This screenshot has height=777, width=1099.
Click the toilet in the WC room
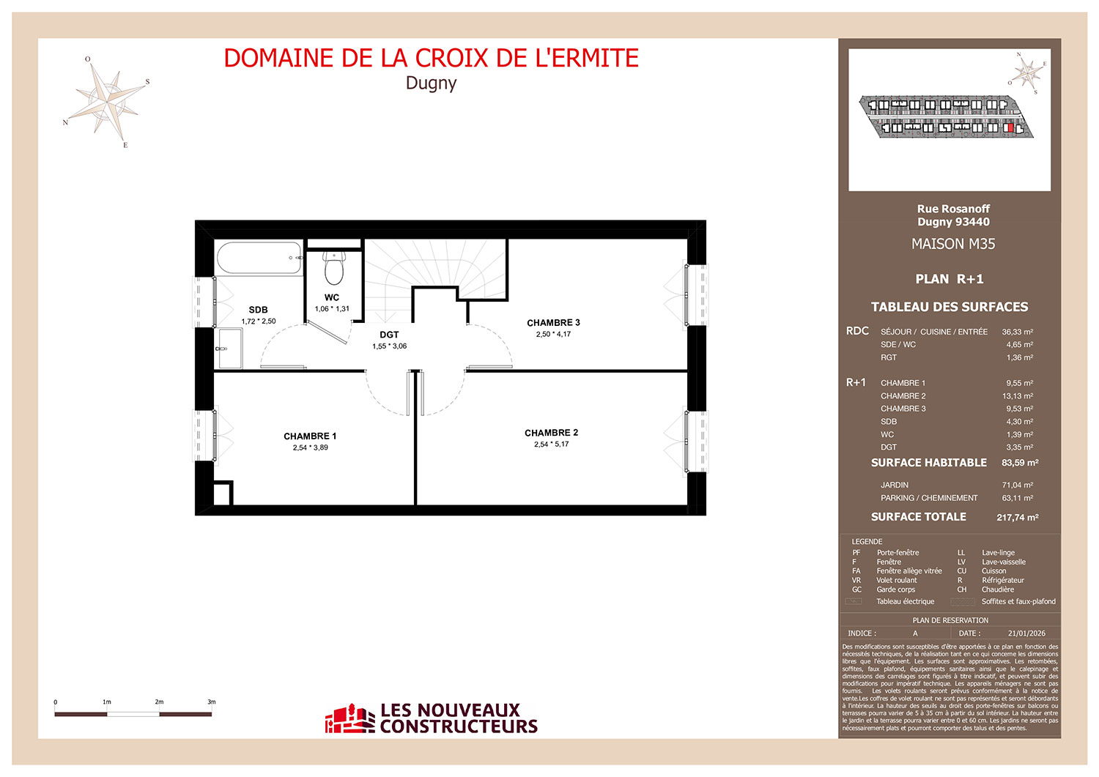pos(334,268)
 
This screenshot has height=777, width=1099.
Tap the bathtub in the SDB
pos(259,258)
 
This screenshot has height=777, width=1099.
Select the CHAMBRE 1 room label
pos(310,436)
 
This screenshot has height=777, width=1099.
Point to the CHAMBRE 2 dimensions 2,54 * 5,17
pos(552,445)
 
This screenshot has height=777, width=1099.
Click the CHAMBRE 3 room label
pos(553,323)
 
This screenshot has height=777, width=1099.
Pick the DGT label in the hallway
pos(389,335)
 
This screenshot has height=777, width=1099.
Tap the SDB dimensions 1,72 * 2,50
pos(259,321)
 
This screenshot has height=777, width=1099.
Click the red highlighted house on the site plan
pos(1010,127)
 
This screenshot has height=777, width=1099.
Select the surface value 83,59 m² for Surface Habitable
pos(1020,463)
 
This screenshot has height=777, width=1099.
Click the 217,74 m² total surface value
pos(1018,517)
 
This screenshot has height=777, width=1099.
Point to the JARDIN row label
pos(895,485)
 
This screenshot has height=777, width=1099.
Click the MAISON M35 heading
pos(953,244)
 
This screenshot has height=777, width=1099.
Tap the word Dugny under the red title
pos(432,83)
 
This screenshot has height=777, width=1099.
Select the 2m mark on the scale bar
pos(159,702)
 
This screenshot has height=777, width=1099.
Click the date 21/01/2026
pos(1027,633)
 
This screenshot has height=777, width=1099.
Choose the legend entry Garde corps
pos(896,590)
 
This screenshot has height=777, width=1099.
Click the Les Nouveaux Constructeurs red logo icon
pos(349,718)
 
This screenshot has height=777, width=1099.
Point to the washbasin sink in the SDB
pos(229,349)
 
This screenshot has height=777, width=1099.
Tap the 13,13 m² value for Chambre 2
pos(1018,396)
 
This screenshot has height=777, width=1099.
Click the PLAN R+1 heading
pos(950,279)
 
